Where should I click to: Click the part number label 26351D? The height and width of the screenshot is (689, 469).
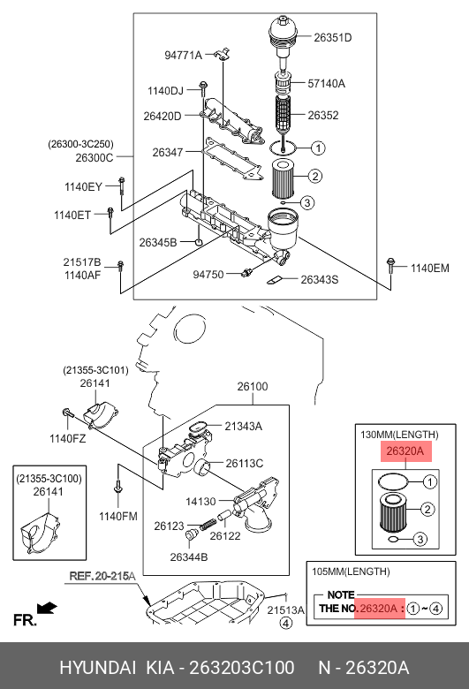pos(333,37)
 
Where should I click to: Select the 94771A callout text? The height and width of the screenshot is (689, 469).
pos(183,56)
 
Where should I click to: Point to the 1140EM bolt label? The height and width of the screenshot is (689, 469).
pos(430,266)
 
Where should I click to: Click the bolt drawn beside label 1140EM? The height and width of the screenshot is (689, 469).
pos(390,265)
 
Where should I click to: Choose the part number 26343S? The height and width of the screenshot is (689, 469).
pos(319,280)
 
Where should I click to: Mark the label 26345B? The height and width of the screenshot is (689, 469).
pos(157,242)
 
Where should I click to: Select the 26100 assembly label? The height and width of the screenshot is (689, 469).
pos(251,387)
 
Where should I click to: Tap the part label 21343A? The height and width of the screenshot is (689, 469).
pos(244,427)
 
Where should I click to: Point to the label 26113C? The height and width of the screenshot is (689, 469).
pos(244,463)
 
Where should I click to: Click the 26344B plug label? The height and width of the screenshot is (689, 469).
pos(187,557)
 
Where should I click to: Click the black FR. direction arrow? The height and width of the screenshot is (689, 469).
pos(48,608)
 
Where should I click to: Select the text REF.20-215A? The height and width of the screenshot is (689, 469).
pos(102,577)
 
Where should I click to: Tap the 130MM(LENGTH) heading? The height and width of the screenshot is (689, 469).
pos(399,435)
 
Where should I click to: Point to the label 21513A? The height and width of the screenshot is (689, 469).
pos(285,609)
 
